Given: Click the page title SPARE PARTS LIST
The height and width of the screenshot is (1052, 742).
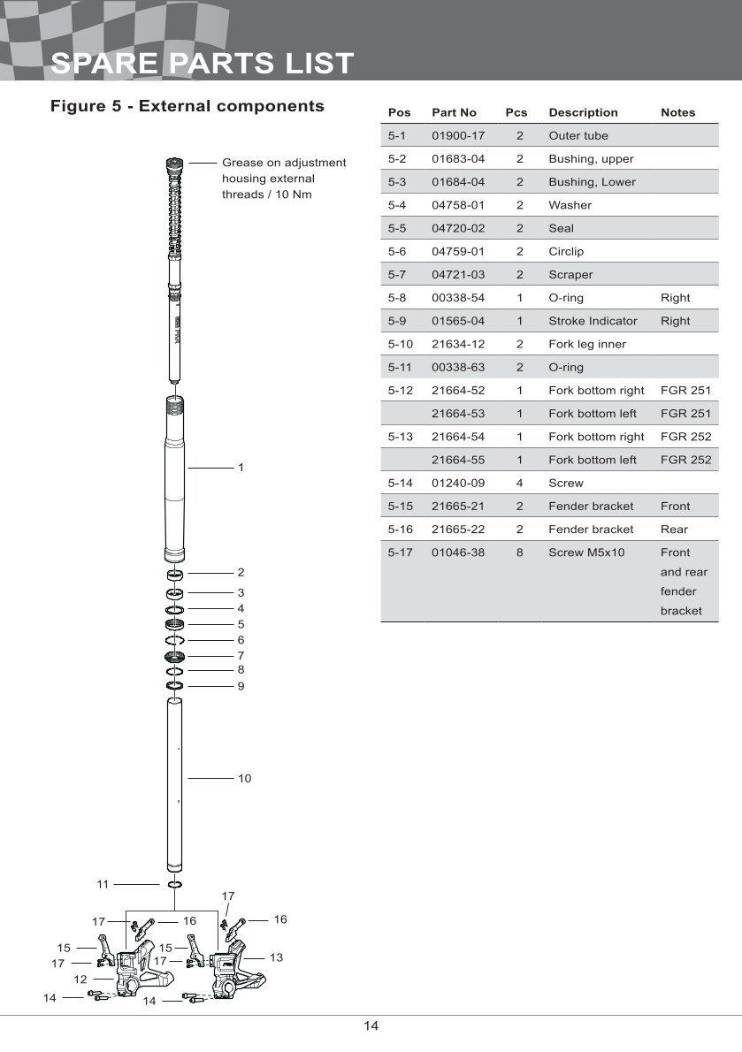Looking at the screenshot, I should [x=203, y=64].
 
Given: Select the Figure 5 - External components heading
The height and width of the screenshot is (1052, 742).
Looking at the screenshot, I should [x=187, y=106].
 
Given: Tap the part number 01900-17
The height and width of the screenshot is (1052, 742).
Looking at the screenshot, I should [x=458, y=136].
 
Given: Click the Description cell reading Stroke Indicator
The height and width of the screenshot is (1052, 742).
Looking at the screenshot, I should [x=593, y=321].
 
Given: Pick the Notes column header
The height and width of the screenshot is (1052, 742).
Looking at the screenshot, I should [x=677, y=112].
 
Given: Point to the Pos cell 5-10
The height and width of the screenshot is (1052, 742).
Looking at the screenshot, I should [x=401, y=344].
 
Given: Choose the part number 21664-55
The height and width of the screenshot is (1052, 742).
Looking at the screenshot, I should [x=458, y=460].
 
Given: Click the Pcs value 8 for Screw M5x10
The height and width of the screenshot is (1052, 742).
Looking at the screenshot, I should [x=520, y=553].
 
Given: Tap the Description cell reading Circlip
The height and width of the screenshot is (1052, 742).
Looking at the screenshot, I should [x=566, y=251].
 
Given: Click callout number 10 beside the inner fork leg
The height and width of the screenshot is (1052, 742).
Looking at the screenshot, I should [x=244, y=779].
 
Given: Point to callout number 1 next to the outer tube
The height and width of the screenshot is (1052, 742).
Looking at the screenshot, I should [x=241, y=467].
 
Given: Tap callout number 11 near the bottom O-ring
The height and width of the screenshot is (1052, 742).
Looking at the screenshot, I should [x=103, y=883].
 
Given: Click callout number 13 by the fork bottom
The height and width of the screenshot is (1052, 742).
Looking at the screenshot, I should [x=276, y=957].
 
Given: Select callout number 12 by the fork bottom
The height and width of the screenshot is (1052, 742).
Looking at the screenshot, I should [x=80, y=980].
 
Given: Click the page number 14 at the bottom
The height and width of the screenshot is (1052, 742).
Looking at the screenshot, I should [x=371, y=1026].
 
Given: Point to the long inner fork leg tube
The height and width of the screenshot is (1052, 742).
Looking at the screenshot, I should [x=174, y=782].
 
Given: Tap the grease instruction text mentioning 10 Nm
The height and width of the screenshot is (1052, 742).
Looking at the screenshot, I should [x=283, y=179].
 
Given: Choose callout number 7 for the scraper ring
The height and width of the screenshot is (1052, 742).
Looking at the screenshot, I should [x=241, y=656].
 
